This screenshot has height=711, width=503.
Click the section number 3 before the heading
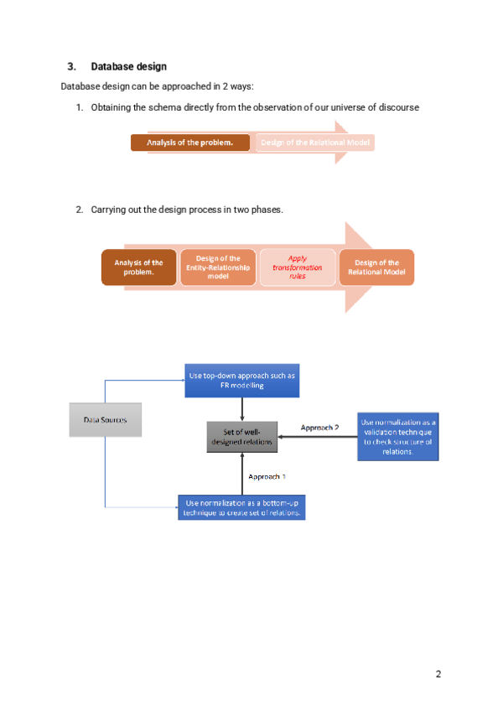pos(71,66)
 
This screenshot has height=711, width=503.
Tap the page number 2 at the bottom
pos(438,674)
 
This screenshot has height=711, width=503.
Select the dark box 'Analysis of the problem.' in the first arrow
pos(190,143)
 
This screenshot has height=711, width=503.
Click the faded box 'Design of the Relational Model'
pos(315,143)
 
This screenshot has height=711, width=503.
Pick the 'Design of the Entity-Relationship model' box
pos(218,267)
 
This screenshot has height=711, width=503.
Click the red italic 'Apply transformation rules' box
pos(297,267)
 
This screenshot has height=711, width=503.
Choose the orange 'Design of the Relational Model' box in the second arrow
pos(376,267)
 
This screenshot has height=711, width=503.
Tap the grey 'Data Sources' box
pos(105,419)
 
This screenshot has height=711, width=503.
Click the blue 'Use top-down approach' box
pos(242,381)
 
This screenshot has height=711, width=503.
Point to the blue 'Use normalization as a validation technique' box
pos(398,436)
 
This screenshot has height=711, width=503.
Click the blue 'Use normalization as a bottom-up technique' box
pos(242,507)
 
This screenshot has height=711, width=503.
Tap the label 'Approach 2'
pos(319,428)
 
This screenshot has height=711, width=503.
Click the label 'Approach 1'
pos(267,476)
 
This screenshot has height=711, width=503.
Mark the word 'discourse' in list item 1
pos(398,108)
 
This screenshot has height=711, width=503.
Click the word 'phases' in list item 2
pos(267,210)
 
